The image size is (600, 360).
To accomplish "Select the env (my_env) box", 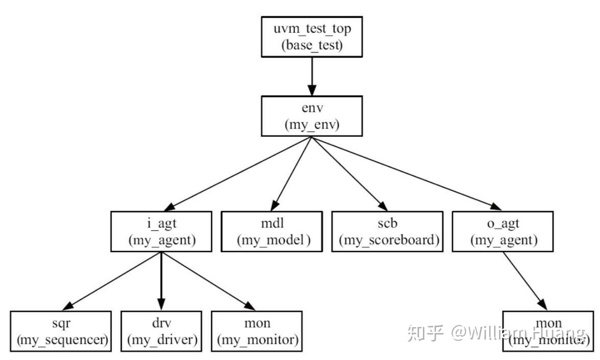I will [312, 116].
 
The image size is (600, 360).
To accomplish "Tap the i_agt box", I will [161, 231].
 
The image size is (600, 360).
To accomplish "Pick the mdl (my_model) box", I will [272, 231].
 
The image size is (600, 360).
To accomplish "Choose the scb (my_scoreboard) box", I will [387, 231].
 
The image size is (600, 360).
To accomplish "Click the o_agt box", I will [503, 231].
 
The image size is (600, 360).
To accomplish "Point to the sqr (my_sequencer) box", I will [61, 331].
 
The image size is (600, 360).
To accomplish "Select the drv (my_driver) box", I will [161, 331].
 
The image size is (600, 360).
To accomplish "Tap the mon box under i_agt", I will [257, 331].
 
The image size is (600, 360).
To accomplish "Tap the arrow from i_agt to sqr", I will [112, 281].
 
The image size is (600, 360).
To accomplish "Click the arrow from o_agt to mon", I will [524, 281].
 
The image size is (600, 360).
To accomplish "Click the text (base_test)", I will [312, 45].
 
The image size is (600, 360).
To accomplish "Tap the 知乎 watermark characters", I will [425, 332].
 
